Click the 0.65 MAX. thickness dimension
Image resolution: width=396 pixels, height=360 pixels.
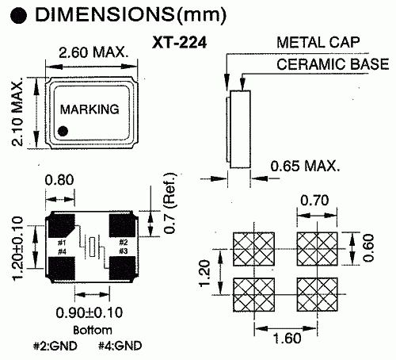pos(305,167)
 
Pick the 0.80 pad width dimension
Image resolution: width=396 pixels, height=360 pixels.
pos(60,181)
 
